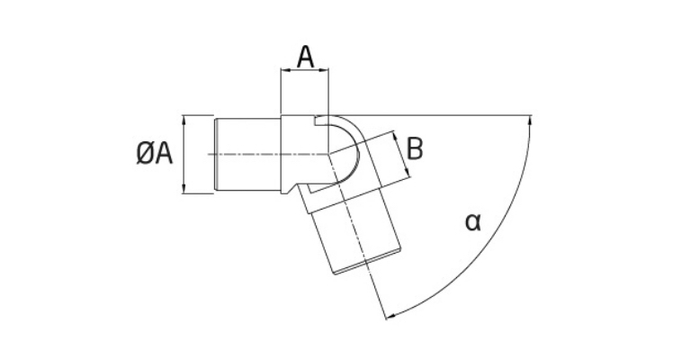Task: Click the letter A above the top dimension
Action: click(305, 57)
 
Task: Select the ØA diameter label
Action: click(154, 154)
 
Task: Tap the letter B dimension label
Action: click(415, 148)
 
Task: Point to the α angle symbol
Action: click(473, 222)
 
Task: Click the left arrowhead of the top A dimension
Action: click(284, 69)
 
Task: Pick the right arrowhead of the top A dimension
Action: click(325, 69)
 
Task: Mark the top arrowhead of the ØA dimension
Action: click(183, 119)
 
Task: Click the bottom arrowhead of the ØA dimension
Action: click(183, 189)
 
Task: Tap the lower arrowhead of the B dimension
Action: click(408, 173)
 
